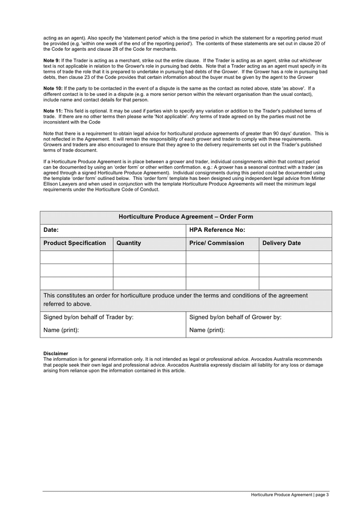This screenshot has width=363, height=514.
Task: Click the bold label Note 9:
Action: pos(52,60)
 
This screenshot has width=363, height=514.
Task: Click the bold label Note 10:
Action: pos(53,89)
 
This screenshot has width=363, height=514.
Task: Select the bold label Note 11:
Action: pos(53,111)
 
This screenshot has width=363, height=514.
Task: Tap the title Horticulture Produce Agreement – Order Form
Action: pos(185,217)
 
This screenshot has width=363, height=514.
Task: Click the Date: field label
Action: pos(51,230)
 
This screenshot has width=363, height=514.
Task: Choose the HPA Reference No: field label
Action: pos(217,230)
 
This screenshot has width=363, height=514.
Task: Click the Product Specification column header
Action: pos(75,243)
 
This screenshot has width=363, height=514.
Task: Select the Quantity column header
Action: pos(128,243)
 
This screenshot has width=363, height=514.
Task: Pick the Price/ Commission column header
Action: pos(216,243)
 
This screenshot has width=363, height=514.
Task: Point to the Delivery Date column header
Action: pos(281,243)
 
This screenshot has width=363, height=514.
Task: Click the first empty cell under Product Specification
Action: pos(76,257)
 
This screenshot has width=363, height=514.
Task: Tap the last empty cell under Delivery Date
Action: pos(295,283)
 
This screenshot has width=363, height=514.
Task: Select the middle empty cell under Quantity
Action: pos(149,270)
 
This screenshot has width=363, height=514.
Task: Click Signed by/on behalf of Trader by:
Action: pos(88,318)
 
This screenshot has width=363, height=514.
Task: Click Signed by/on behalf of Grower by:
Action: pos(235,318)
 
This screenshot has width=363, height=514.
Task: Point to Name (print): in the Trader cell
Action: pos(61,330)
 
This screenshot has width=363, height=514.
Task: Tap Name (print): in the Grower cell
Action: pos(207,330)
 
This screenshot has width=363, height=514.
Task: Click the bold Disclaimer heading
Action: pos(55,354)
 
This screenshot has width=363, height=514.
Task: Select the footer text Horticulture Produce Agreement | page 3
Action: pos(290,495)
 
